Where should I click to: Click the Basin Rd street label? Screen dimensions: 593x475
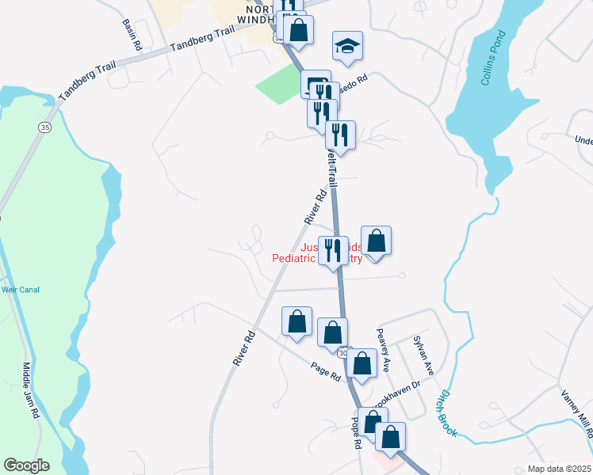132,35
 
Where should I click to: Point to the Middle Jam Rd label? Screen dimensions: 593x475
31,390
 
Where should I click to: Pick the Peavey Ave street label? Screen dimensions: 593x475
383,350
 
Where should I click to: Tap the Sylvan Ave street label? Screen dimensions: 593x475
423,355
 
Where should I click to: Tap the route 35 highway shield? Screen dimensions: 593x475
44,127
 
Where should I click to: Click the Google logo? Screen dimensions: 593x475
26,465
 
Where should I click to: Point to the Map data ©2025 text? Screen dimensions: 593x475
560,469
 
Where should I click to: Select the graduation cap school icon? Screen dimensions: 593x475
347,47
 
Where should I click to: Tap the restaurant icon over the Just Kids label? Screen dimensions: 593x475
333,250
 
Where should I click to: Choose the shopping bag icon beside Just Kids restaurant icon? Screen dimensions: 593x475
376,241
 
